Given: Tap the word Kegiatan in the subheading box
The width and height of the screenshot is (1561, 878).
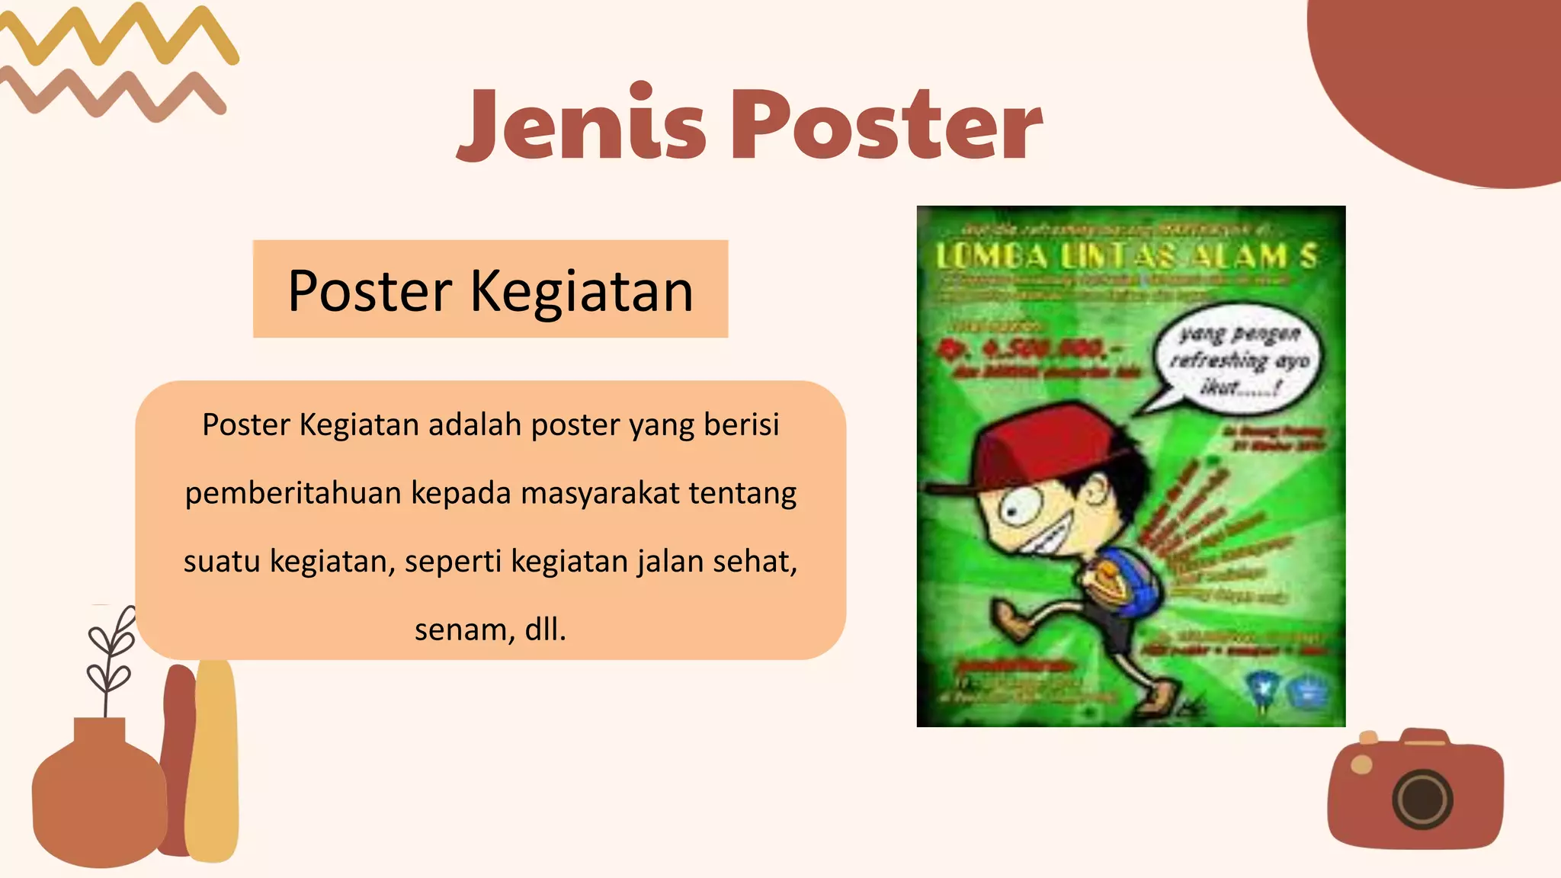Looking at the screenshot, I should [x=582, y=291].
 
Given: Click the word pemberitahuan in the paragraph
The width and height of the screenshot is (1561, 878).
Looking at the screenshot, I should [x=293, y=493].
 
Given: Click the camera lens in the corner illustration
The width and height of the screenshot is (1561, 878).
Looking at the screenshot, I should [x=1422, y=799].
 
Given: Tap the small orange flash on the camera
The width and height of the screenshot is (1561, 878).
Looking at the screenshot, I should [x=1361, y=764].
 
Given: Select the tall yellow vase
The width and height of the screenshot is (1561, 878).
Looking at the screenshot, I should [x=213, y=762].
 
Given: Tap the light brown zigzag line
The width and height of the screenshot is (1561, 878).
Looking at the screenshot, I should [x=114, y=95].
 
